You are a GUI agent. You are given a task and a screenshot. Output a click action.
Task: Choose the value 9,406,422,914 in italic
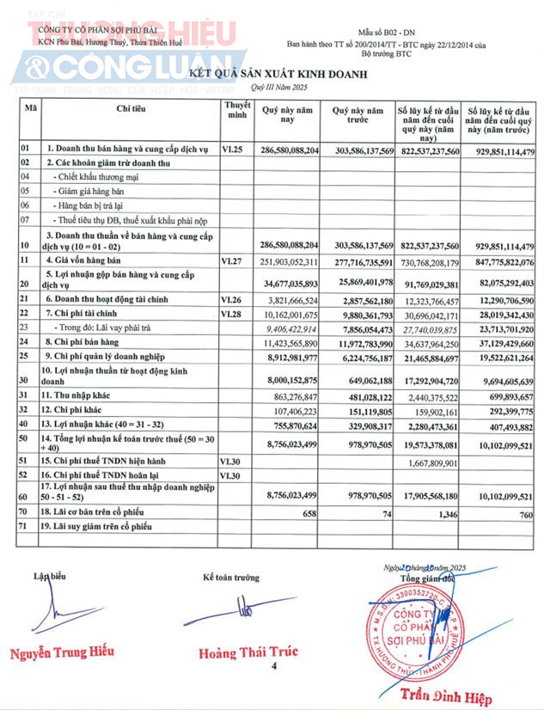tap(290, 327)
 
